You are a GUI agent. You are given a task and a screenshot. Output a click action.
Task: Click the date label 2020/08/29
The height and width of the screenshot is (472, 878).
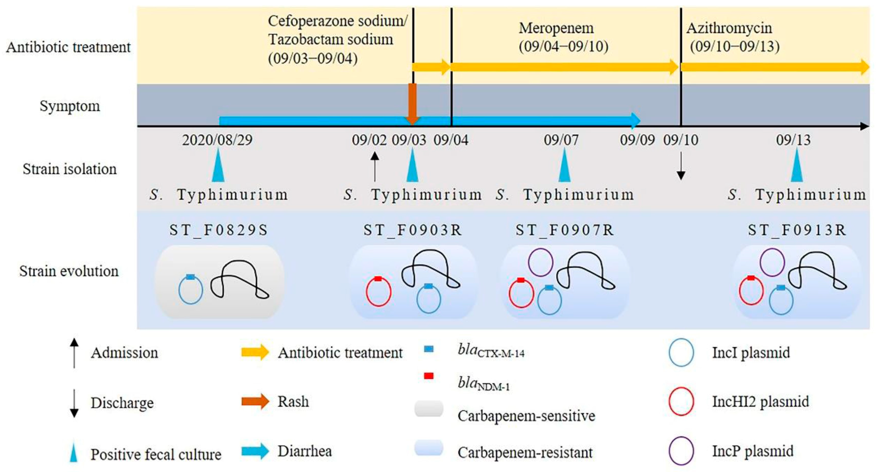click(217, 140)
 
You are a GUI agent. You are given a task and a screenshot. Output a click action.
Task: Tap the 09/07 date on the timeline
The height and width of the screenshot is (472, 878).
click(561, 140)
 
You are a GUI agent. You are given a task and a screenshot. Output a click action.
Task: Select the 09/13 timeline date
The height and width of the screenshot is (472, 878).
click(793, 140)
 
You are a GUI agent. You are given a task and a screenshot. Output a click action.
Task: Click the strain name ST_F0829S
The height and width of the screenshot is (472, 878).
click(219, 230)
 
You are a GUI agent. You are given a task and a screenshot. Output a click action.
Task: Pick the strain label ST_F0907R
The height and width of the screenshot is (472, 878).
click(565, 230)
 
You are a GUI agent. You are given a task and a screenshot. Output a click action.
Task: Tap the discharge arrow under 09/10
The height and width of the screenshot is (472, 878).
click(681, 165)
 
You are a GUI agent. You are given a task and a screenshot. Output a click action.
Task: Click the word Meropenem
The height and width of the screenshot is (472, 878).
click(556, 28)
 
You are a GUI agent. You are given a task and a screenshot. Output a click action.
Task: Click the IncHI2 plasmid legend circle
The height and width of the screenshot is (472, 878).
click(681, 401)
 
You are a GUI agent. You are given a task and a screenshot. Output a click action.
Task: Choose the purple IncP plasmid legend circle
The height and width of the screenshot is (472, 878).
click(681, 451)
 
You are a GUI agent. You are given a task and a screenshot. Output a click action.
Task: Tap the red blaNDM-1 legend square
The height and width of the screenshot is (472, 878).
click(428, 376)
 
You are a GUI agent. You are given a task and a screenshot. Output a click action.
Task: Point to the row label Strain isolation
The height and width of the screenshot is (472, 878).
click(70, 169)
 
